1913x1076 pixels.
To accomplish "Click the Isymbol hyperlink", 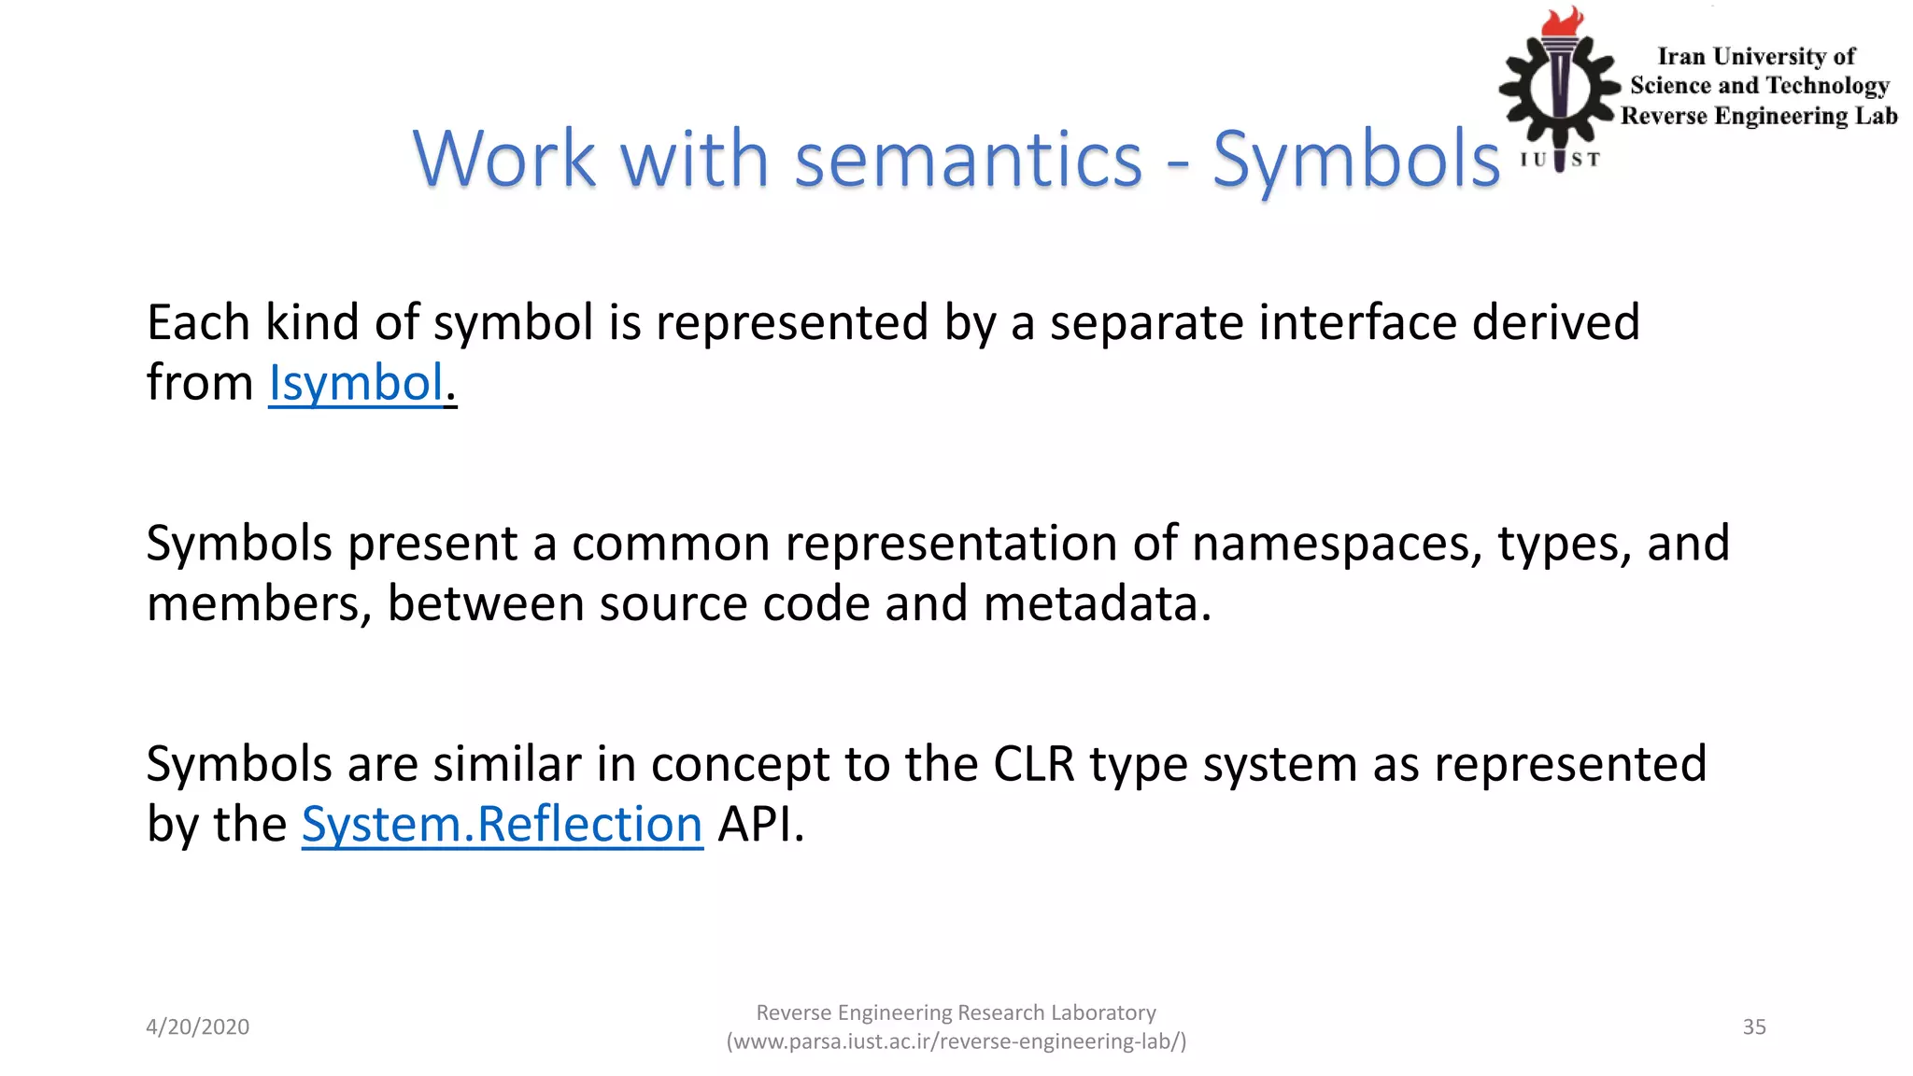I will (356, 383).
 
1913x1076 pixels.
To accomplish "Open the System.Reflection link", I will (502, 825).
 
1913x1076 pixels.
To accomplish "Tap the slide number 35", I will (1753, 1026).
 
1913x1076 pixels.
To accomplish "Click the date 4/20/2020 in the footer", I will (197, 1026).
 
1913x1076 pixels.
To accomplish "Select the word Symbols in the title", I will (1355, 159).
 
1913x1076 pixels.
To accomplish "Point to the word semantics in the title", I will (968, 159).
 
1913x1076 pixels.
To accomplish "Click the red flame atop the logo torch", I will (1562, 22).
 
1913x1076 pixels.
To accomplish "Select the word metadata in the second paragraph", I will (1097, 603).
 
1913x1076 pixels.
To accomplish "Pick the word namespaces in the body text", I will (1337, 544).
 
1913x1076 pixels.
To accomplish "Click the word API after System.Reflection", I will (759, 825).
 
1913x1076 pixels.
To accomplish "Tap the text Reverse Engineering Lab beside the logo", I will (1759, 116).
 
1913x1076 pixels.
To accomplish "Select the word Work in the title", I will (504, 159).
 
